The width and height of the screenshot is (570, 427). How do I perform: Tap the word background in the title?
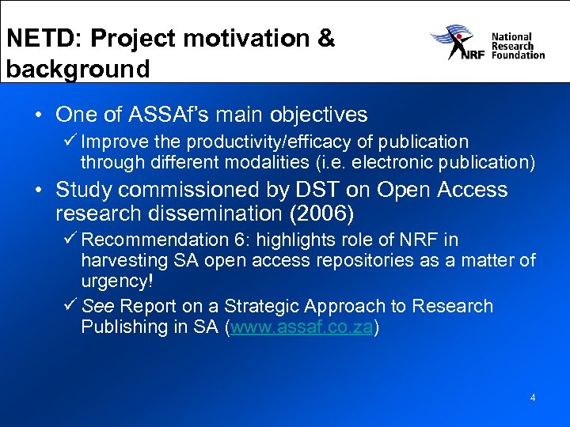click(78, 69)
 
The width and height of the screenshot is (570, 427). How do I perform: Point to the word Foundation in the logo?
click(518, 55)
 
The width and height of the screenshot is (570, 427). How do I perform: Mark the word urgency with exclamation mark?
click(116, 281)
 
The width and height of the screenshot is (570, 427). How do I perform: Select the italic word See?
click(97, 306)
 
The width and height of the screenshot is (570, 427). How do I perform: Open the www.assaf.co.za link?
click(302, 327)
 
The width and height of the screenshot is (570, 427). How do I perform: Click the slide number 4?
click(533, 398)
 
